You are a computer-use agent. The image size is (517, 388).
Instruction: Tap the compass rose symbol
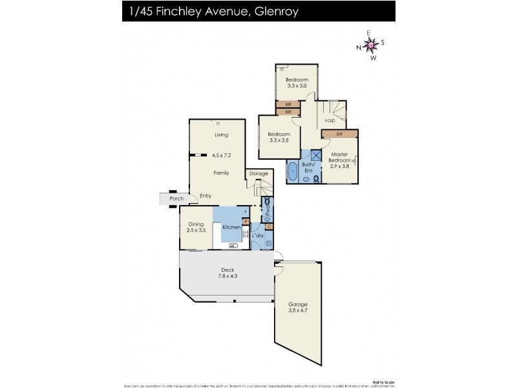click(x=370, y=45)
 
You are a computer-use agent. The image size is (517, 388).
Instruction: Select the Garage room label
click(x=298, y=308)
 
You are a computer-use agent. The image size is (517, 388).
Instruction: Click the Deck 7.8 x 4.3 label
click(x=227, y=273)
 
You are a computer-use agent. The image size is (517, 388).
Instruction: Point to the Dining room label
click(x=196, y=226)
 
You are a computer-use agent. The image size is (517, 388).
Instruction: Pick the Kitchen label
click(x=231, y=228)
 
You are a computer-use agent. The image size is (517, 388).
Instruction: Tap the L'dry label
click(x=258, y=236)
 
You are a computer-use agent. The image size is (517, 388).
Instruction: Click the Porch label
click(x=176, y=198)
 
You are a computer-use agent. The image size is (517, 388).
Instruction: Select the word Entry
click(x=206, y=196)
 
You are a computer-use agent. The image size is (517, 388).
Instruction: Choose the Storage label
click(x=258, y=173)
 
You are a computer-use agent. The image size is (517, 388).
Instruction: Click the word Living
click(x=222, y=135)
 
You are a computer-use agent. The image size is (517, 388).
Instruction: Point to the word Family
click(x=222, y=173)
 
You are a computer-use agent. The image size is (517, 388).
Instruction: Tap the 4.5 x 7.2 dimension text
click(x=221, y=155)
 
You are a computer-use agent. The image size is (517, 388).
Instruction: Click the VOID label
click(x=330, y=121)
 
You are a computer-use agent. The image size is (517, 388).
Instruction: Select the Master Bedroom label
click(x=340, y=159)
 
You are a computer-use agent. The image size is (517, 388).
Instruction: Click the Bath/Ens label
click(x=309, y=168)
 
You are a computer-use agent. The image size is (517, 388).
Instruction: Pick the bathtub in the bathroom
click(x=292, y=173)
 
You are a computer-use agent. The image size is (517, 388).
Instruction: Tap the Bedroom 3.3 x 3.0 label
click(x=296, y=82)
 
